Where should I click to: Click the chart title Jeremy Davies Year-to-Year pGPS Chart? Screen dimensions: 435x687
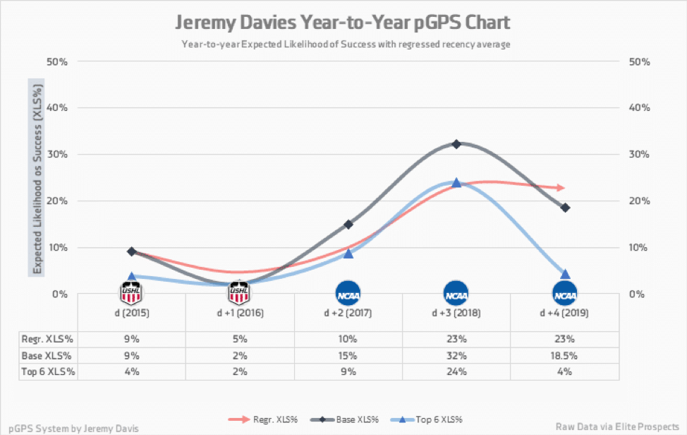point(343,23)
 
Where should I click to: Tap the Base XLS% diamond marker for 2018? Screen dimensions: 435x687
point(456,144)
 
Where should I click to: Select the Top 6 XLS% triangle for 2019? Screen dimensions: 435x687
point(565,274)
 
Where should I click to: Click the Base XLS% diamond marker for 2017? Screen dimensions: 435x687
point(348,224)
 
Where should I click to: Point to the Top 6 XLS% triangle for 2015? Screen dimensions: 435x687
point(131,277)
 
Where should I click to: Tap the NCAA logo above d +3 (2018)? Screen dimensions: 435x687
point(456,292)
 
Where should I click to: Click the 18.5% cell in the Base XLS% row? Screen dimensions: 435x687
point(565,355)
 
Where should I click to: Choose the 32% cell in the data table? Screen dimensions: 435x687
point(456,355)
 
